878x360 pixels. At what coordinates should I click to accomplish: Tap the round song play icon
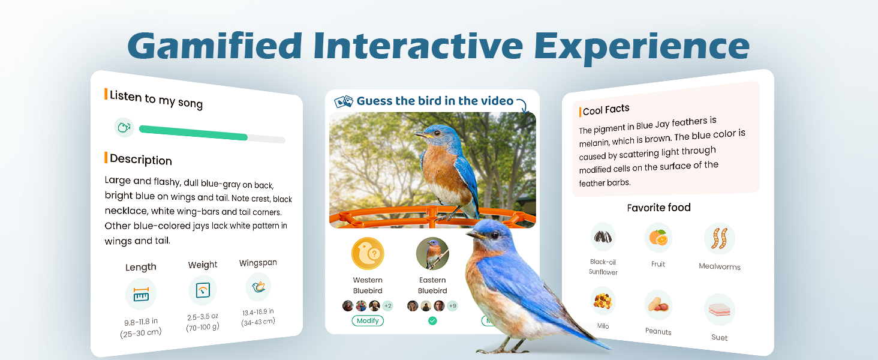[124, 127]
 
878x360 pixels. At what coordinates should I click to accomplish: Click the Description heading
[141, 160]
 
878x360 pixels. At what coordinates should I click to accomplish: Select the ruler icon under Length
[141, 294]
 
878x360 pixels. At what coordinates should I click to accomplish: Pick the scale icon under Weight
[203, 290]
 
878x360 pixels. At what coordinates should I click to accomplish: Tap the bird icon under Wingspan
[258, 287]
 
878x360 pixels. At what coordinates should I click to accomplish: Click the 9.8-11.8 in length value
[141, 322]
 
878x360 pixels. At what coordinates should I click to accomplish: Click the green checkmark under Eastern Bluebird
[432, 321]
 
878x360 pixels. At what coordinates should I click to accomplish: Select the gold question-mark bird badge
[368, 254]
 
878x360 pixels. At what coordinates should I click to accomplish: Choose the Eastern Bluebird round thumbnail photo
[432, 254]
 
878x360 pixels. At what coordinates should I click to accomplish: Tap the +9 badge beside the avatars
[452, 306]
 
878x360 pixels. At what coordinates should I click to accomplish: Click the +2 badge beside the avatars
[387, 306]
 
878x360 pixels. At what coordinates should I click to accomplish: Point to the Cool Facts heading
[606, 110]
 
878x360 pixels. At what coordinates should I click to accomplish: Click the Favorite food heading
[659, 208]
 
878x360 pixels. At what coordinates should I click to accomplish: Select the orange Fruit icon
[659, 238]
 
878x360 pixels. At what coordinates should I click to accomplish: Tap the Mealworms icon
[720, 239]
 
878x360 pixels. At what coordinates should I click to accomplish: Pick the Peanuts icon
[659, 305]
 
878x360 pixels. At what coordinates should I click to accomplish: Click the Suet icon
[720, 310]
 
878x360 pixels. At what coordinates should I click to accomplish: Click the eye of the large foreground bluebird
[495, 235]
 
